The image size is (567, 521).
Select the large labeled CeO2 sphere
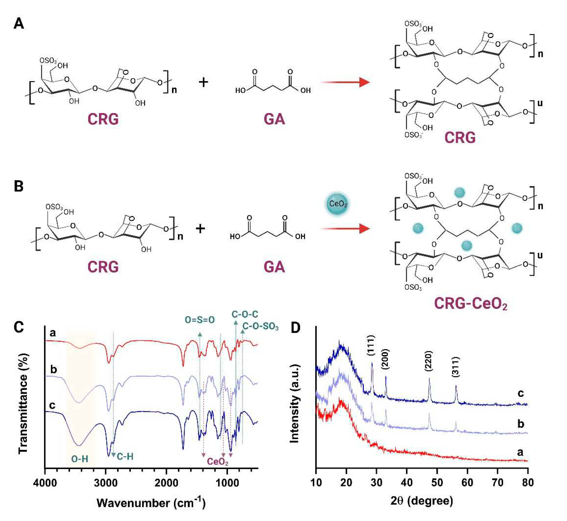(337, 204)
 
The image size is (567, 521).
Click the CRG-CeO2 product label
(470, 304)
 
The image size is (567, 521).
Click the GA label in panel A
(274, 119)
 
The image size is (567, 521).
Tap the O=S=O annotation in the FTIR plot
(200, 320)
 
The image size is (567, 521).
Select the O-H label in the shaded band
(80, 459)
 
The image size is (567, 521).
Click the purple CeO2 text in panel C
(218, 462)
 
